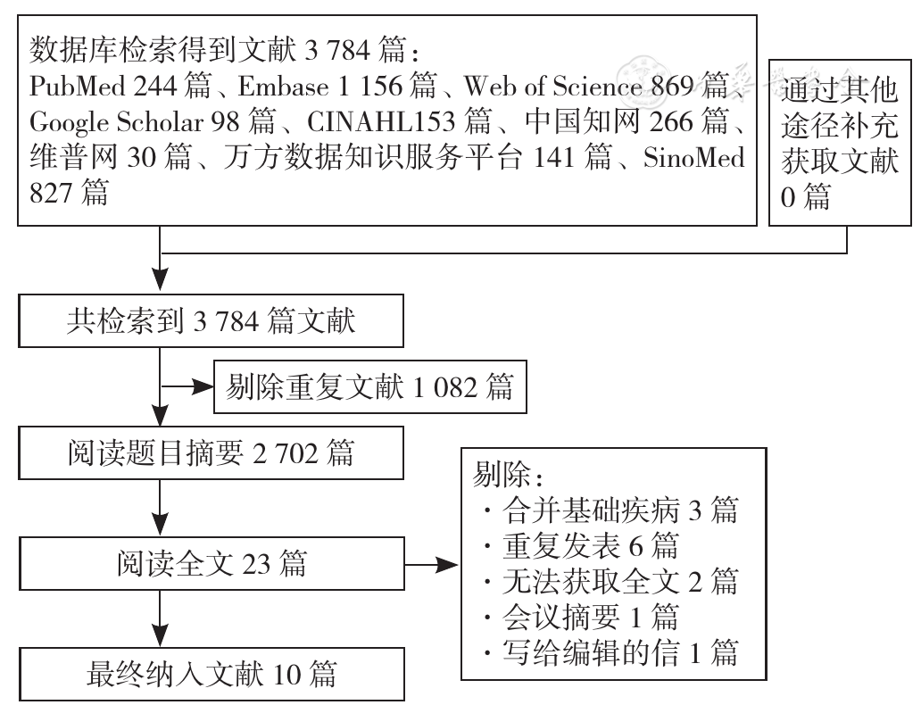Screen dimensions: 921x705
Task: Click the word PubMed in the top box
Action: (x=78, y=87)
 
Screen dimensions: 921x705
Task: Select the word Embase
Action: (x=283, y=87)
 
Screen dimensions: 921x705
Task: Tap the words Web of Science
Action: (x=552, y=87)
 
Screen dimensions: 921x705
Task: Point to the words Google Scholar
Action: (x=116, y=122)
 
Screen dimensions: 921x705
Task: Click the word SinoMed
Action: (x=693, y=157)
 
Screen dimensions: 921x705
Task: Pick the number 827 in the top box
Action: (x=51, y=194)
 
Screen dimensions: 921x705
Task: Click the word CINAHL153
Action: (x=381, y=121)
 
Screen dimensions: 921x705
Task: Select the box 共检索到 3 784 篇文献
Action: (x=211, y=320)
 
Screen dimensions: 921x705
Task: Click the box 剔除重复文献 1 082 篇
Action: (x=369, y=387)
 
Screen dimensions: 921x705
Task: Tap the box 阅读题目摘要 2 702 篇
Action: (x=211, y=453)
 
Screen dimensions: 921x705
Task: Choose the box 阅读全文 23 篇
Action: (x=212, y=563)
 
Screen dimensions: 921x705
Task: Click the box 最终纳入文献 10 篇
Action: (x=212, y=674)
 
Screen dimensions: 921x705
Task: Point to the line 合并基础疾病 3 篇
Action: (x=610, y=510)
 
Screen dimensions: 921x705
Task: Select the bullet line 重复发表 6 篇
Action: (x=582, y=546)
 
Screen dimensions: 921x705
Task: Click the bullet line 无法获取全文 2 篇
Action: (x=610, y=582)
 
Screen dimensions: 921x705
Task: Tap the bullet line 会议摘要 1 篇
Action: (x=582, y=618)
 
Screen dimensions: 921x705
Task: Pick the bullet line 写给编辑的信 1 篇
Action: (x=610, y=652)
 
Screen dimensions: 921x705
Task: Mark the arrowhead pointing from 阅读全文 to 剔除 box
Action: (x=448, y=565)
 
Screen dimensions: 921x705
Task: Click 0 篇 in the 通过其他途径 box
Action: (x=805, y=196)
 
